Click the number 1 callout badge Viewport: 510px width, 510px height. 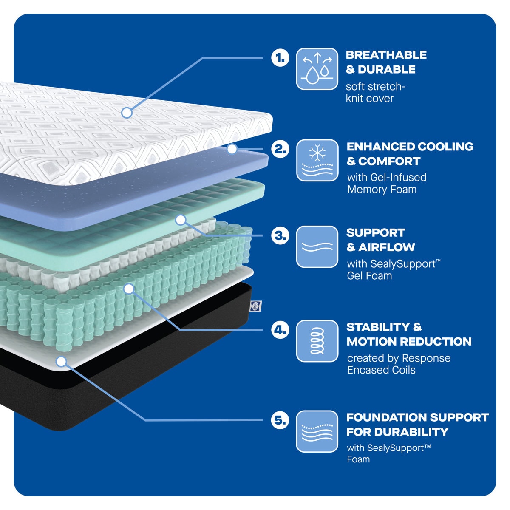click(x=280, y=58)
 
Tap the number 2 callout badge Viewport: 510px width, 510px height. click(x=280, y=149)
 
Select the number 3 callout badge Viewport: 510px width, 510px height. click(x=280, y=235)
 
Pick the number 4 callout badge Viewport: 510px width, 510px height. click(x=280, y=329)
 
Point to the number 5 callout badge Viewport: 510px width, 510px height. click(x=280, y=420)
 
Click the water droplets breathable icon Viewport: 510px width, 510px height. click(x=317, y=69)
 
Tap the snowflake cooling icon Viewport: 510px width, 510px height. click(x=317, y=160)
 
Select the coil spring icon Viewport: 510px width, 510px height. click(x=317, y=341)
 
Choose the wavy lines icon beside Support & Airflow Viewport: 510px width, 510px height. click(x=317, y=247)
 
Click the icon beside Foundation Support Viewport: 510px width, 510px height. click(x=317, y=431)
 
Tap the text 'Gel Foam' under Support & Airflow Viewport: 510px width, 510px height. click(x=369, y=276)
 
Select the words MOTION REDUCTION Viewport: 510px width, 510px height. click(x=409, y=342)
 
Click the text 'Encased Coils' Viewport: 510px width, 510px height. click(x=381, y=370)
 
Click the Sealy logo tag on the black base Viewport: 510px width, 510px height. click(x=256, y=305)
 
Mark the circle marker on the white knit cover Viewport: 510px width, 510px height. click(x=127, y=113)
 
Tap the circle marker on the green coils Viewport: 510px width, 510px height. click(x=129, y=289)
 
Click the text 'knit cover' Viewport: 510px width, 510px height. click(x=369, y=99)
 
